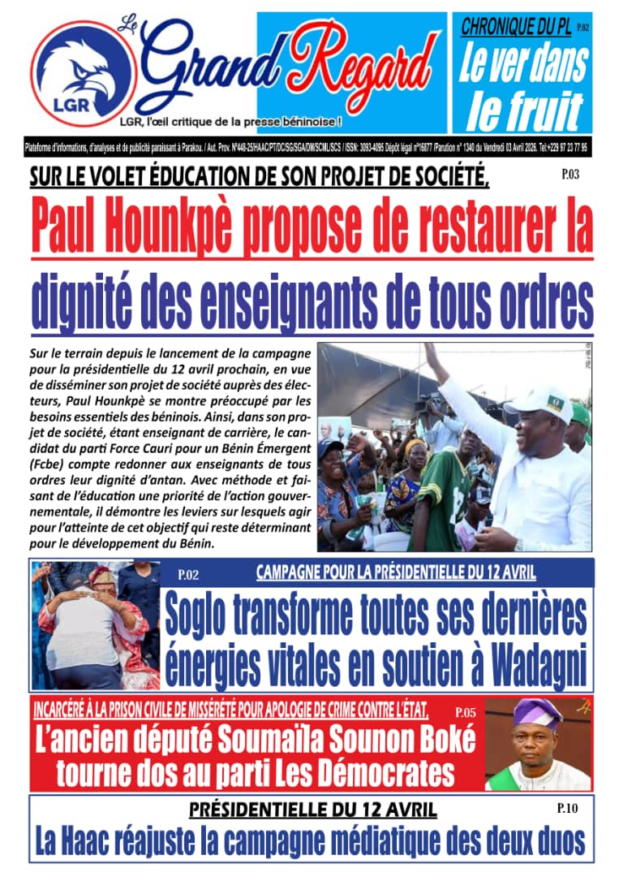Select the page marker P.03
pos(570,173)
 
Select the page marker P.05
pos(466,712)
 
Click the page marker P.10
pos(565,808)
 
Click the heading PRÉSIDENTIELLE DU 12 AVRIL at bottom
pos(312,810)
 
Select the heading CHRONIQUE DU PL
pos(515,27)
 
